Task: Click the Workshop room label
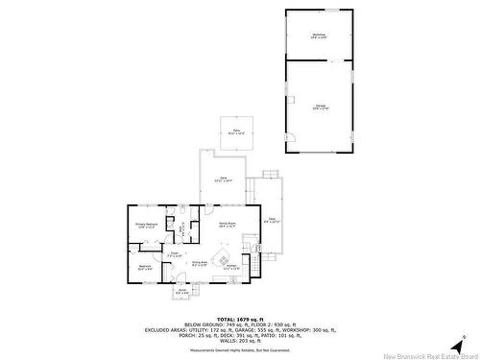pyautogui.click(x=318, y=35)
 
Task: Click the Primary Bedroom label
pyautogui.click(x=146, y=227)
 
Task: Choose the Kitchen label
pyautogui.click(x=231, y=268)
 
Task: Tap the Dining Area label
pyautogui.click(x=200, y=262)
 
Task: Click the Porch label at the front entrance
pyautogui.click(x=181, y=291)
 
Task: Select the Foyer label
pyautogui.click(x=174, y=256)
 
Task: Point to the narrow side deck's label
pyautogui.click(x=272, y=222)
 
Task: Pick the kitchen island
pyautogui.click(x=223, y=258)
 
